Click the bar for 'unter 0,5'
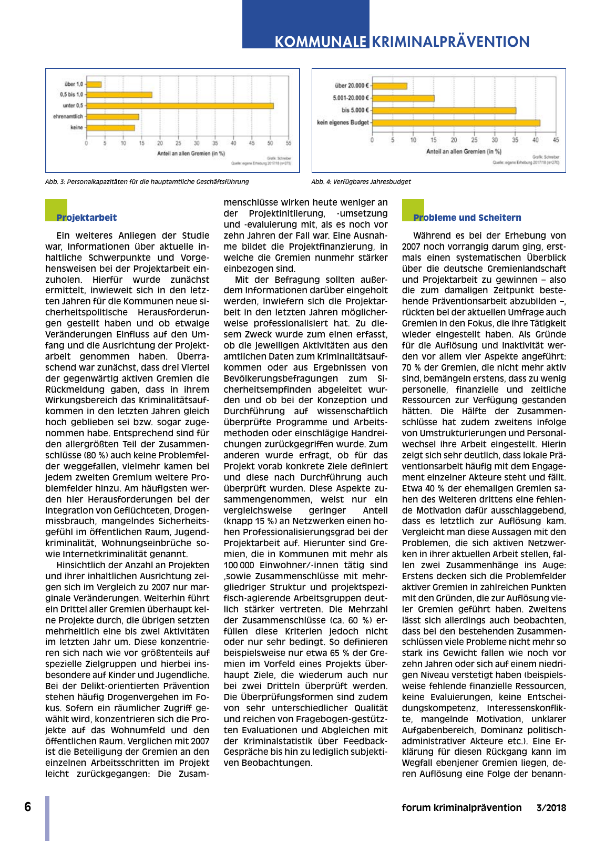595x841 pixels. [180, 106]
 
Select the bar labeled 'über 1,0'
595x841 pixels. [94, 84]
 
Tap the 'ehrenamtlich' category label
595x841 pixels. [68, 117]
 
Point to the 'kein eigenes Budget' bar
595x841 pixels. [456, 123]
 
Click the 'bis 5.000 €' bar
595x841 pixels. [444, 110]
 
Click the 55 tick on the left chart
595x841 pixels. [289, 143]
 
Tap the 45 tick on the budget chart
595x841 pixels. [556, 140]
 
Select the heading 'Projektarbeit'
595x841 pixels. [87, 218]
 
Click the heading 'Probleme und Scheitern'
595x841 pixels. [467, 218]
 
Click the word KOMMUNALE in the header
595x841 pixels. [321, 42]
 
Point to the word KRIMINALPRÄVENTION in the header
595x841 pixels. [450, 42]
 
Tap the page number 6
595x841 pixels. [28, 807]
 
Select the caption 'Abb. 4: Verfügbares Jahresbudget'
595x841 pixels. [361, 182]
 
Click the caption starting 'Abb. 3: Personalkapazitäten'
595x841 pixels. [147, 182]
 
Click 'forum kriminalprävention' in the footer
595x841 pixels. [461, 808]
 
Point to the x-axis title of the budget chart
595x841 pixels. [464, 151]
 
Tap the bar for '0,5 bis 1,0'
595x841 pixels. [119, 95]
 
